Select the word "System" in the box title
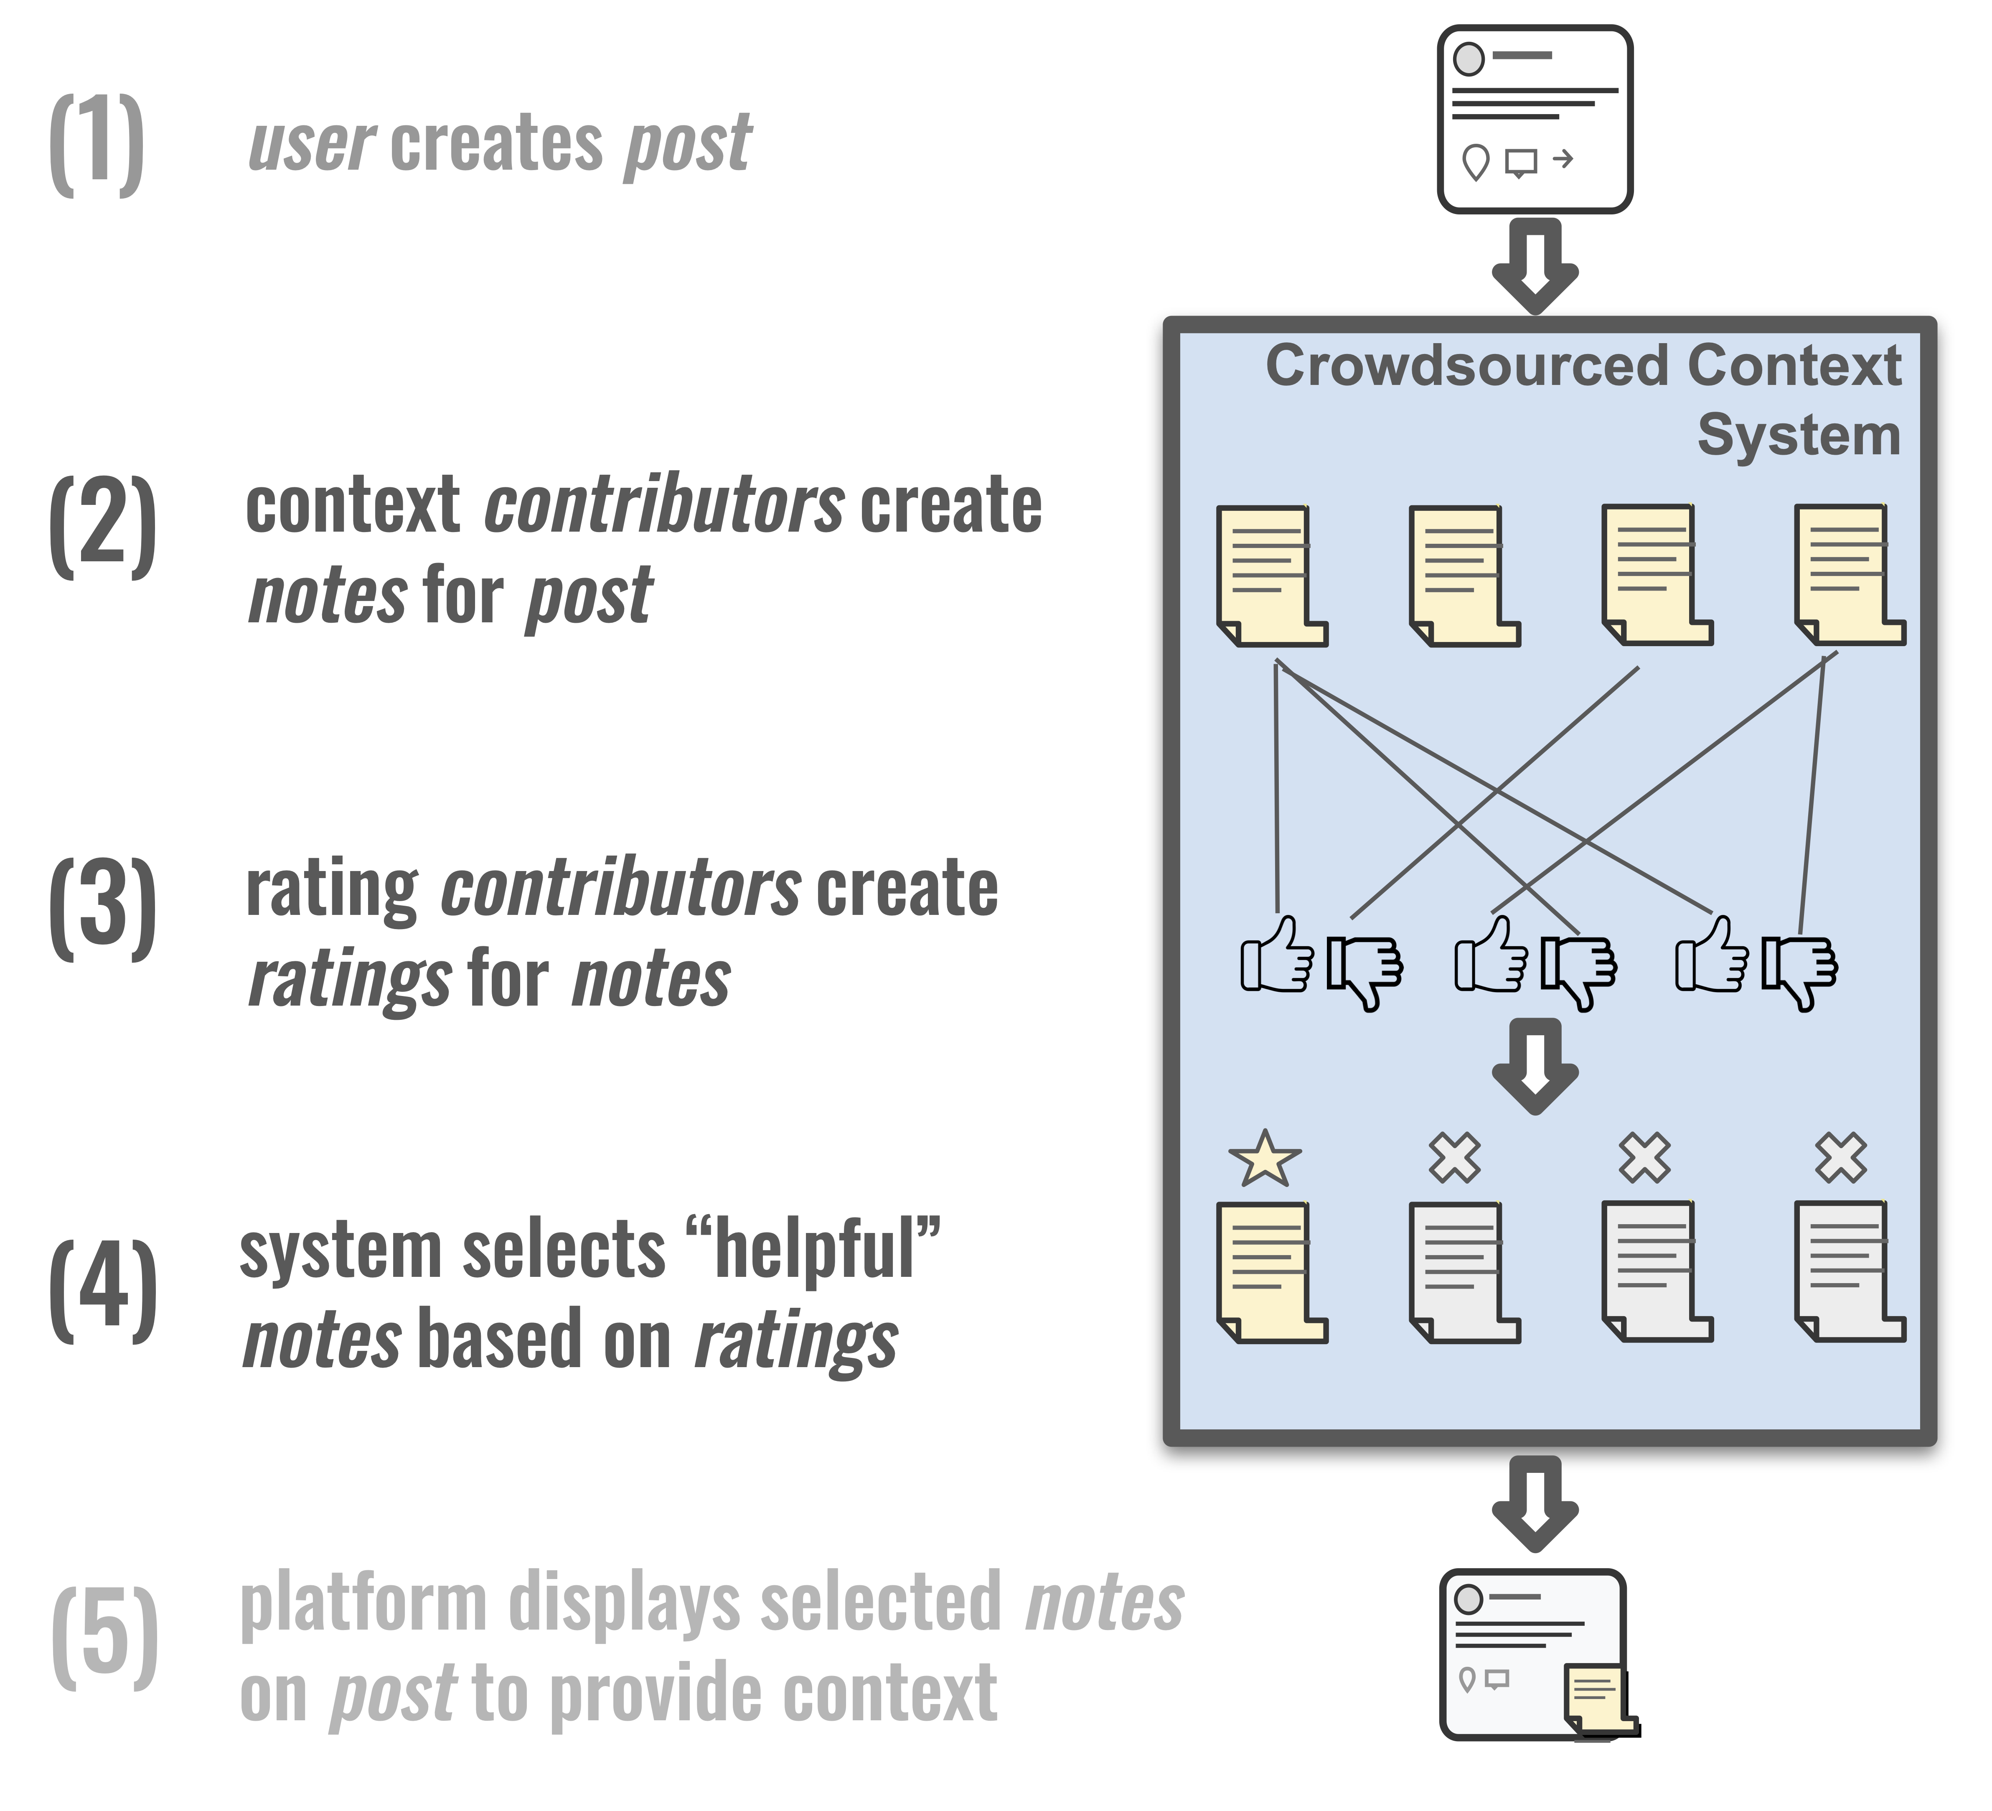click(1798, 435)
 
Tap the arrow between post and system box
click(1535, 265)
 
